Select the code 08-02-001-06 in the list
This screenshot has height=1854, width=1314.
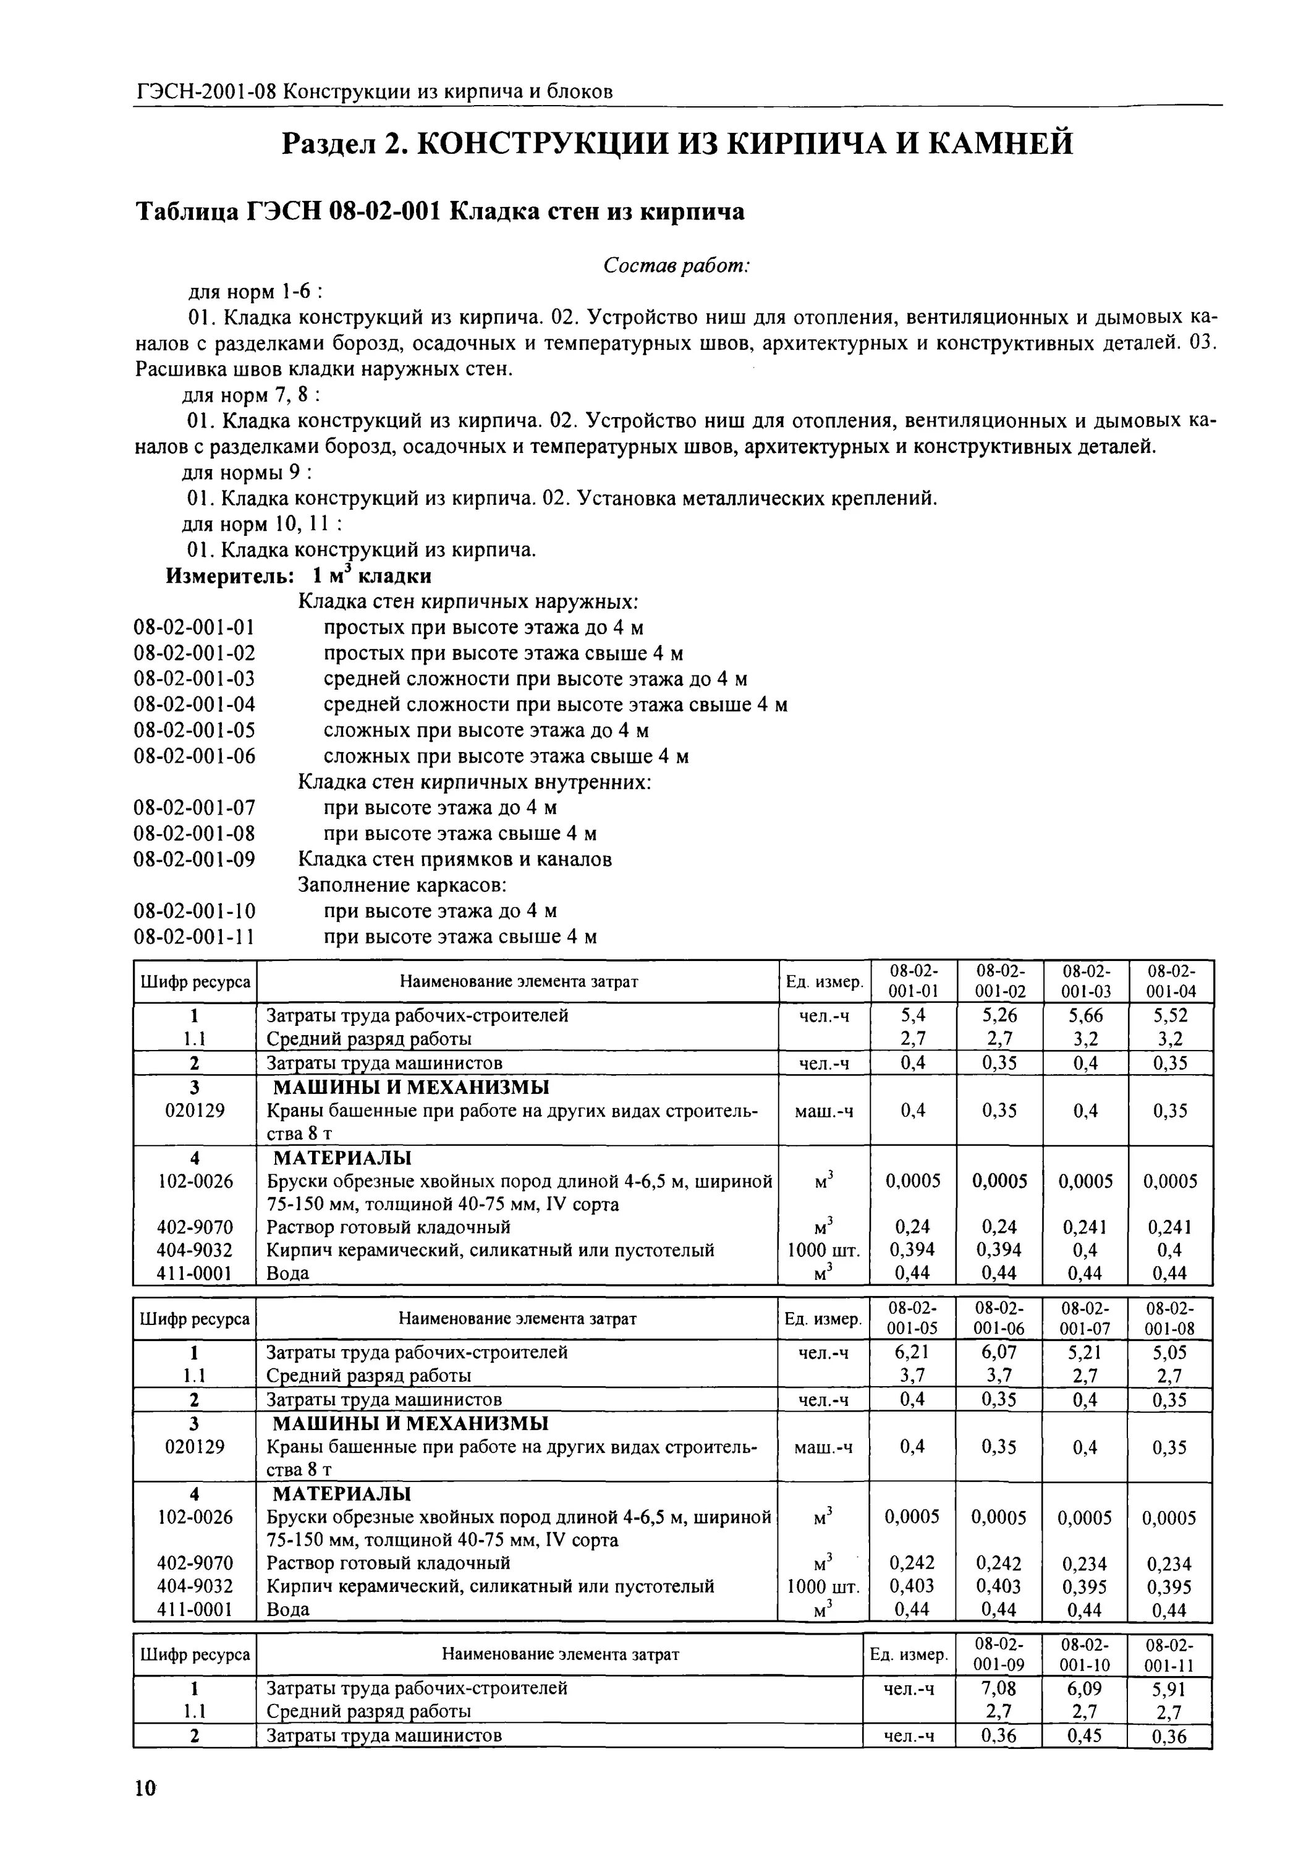pos(194,756)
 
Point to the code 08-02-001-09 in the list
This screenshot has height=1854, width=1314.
pos(194,859)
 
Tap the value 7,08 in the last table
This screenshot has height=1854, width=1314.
pos(998,1688)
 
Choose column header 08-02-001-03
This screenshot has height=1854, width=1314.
pos(1086,980)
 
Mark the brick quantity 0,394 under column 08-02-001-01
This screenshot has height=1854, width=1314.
pos(913,1250)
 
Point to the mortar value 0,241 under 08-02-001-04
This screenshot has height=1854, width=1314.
pos(1170,1227)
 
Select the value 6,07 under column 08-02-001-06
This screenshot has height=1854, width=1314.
pos(998,1352)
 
